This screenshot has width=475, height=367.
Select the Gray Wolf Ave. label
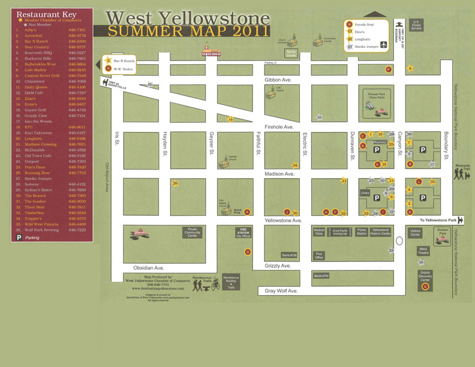(x=281, y=291)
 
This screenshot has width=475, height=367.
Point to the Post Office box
(x=319, y=255)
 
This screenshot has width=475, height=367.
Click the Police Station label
(x=362, y=231)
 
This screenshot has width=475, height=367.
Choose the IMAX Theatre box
(x=423, y=251)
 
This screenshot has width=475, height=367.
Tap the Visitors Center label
(x=415, y=232)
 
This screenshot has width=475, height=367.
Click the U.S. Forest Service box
(x=417, y=26)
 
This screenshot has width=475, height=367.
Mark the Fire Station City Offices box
(x=243, y=233)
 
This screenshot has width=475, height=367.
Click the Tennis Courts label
(x=291, y=54)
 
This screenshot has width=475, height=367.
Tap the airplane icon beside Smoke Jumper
(x=384, y=46)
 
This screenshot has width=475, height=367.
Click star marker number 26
(x=175, y=183)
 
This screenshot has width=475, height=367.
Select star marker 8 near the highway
(x=410, y=68)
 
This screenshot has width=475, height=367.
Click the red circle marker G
(x=425, y=287)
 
